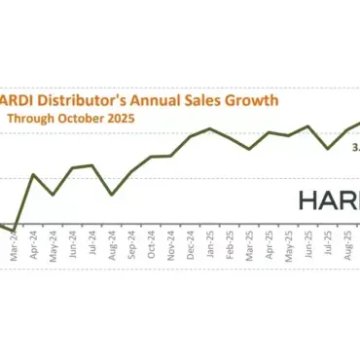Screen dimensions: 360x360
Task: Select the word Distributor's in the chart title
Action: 87,99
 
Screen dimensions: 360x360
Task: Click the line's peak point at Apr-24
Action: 34,175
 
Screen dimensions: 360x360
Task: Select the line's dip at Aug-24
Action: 112,195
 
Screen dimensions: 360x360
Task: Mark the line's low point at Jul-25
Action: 329,148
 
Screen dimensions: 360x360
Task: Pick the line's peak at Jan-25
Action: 210,128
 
